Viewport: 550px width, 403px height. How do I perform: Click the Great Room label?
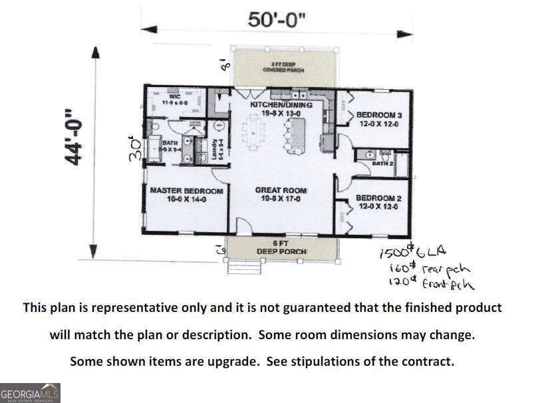281,194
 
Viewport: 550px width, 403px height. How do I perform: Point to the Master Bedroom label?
186,194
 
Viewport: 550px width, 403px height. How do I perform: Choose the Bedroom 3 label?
379,119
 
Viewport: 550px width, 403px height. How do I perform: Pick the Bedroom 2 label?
378,202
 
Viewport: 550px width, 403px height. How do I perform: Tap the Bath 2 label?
383,163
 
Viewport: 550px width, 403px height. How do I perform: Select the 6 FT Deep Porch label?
282,247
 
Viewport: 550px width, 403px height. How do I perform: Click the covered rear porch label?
283,67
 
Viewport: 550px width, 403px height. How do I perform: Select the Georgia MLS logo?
30,392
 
